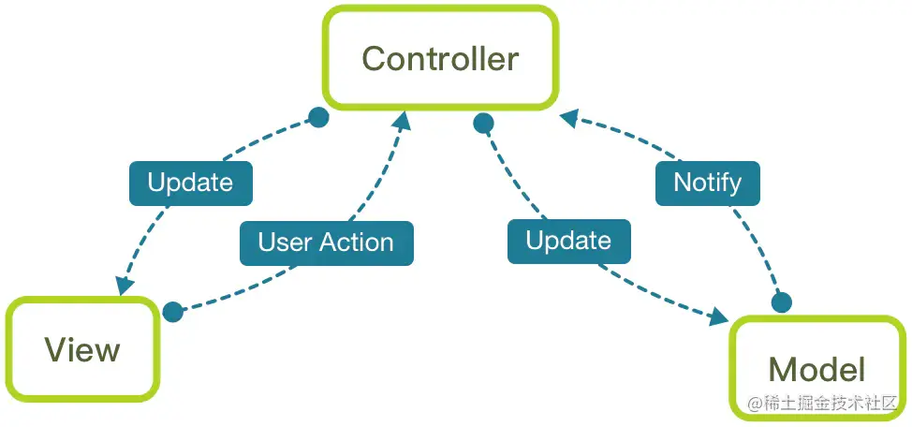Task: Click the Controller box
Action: [x=440, y=58]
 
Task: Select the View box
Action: [x=81, y=350]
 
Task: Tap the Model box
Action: [x=816, y=368]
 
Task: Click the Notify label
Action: [x=707, y=182]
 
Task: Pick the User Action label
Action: [x=326, y=243]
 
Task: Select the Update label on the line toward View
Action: [x=190, y=183]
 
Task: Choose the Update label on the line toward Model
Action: [x=568, y=241]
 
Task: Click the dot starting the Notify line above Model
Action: [x=780, y=303]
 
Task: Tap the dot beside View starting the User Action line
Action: [x=172, y=312]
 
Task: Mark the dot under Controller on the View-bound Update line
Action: [x=318, y=118]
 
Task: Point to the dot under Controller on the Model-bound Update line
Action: [x=483, y=123]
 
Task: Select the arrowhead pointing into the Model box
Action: [x=718, y=317]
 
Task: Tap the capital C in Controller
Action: [x=375, y=59]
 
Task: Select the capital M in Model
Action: [x=784, y=368]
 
